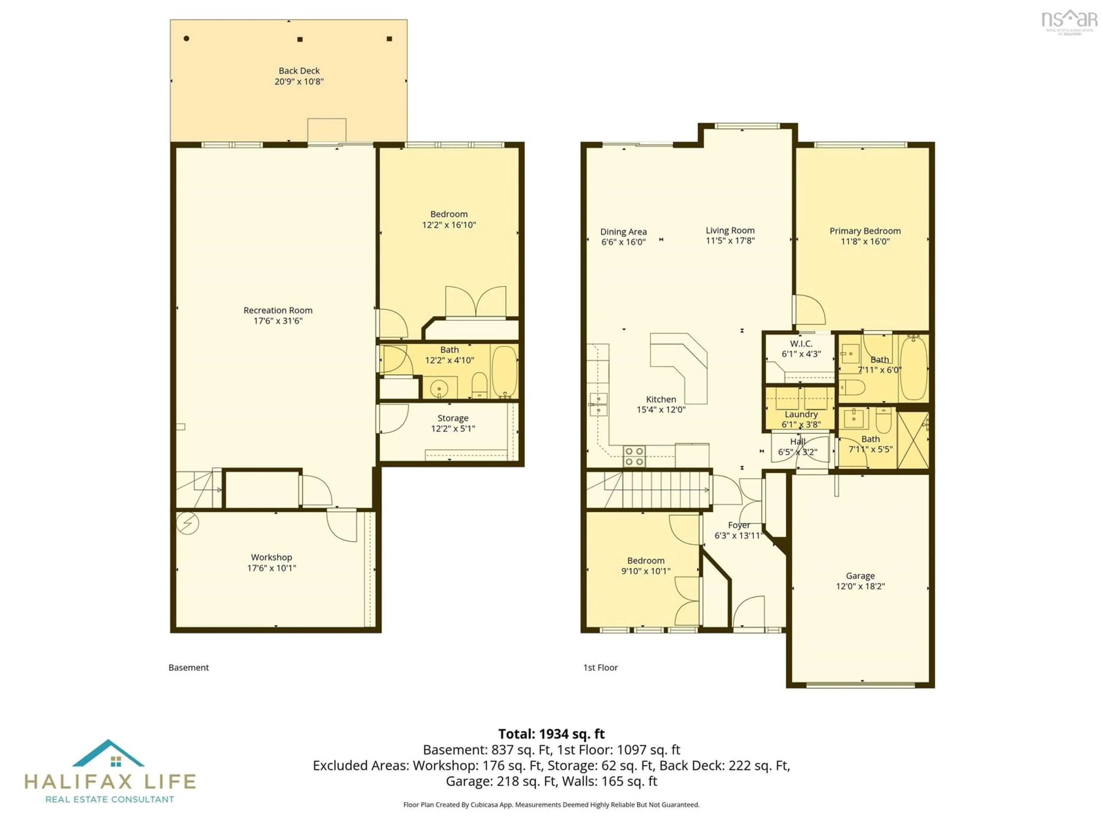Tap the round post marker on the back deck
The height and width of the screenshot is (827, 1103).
186,38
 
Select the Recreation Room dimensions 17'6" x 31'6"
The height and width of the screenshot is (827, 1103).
278,320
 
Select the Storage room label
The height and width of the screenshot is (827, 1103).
453,418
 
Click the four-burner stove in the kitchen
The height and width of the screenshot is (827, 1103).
634,456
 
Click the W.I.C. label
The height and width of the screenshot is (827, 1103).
801,343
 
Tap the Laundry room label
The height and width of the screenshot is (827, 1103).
801,414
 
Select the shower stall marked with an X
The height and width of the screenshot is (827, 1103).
913,440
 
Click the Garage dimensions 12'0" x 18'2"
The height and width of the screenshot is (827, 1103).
860,586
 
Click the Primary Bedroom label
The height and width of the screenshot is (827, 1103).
865,231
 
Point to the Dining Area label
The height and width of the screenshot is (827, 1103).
623,232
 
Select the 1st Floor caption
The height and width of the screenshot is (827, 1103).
600,667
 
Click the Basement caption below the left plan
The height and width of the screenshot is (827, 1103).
188,667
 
